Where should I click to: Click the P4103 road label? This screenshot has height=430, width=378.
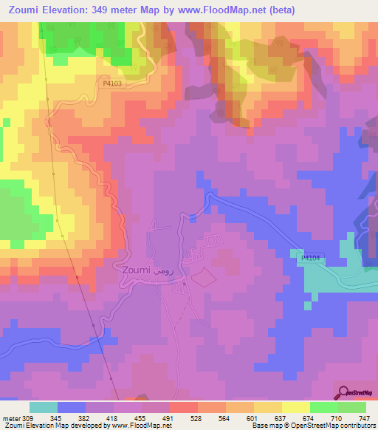point(112,84)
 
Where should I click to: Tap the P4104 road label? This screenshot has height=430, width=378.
point(311,258)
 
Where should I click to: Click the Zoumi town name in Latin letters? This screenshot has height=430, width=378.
point(132,271)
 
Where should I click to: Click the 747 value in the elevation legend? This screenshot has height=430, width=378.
point(365,417)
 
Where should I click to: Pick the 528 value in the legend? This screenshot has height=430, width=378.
point(197,417)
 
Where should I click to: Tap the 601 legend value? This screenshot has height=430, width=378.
point(253,417)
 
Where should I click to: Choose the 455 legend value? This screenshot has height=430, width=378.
point(141,417)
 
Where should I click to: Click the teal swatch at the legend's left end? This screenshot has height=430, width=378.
point(44,407)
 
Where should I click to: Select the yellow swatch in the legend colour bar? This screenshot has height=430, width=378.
point(295,407)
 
